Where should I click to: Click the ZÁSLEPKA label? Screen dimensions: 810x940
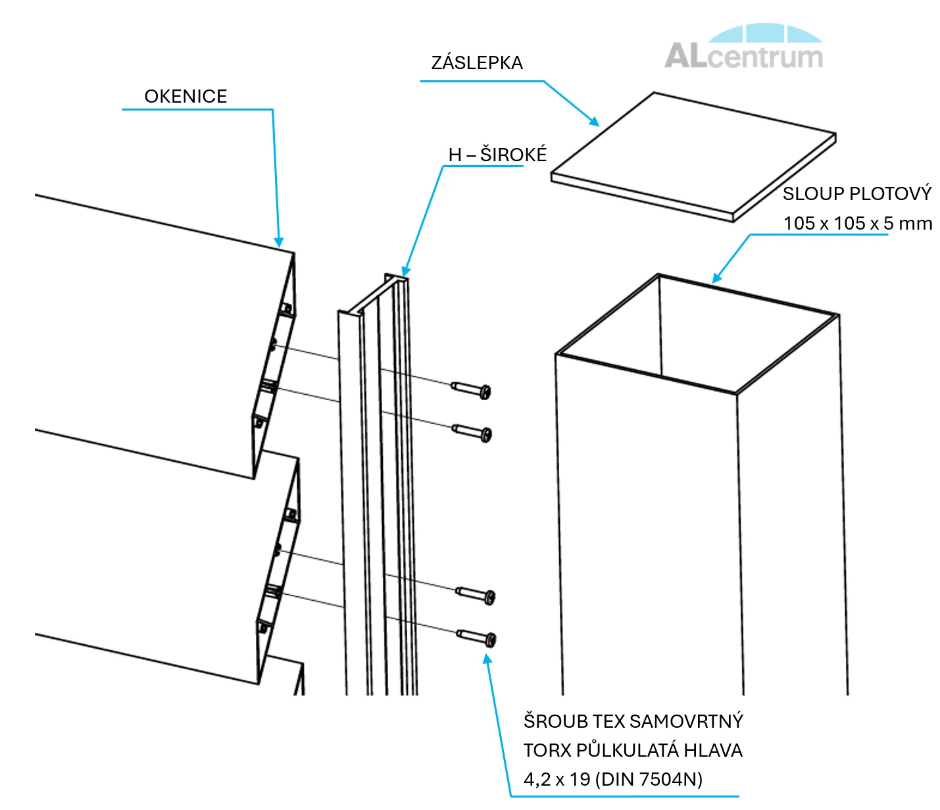[477, 63]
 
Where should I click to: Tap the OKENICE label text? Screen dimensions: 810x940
[186, 97]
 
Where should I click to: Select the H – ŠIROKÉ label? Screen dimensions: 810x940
[497, 155]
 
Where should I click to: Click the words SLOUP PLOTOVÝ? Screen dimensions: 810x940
[856, 193]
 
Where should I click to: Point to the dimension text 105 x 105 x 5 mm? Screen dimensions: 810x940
[857, 223]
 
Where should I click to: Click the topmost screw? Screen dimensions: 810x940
[472, 389]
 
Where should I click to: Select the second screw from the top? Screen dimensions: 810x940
[473, 432]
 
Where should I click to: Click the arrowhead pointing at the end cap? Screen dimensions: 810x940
[594, 121]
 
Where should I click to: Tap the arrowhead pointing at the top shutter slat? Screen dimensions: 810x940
[279, 241]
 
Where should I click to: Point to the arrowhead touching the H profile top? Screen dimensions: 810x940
[406, 270]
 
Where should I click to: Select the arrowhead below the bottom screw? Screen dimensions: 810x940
[487, 659]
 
